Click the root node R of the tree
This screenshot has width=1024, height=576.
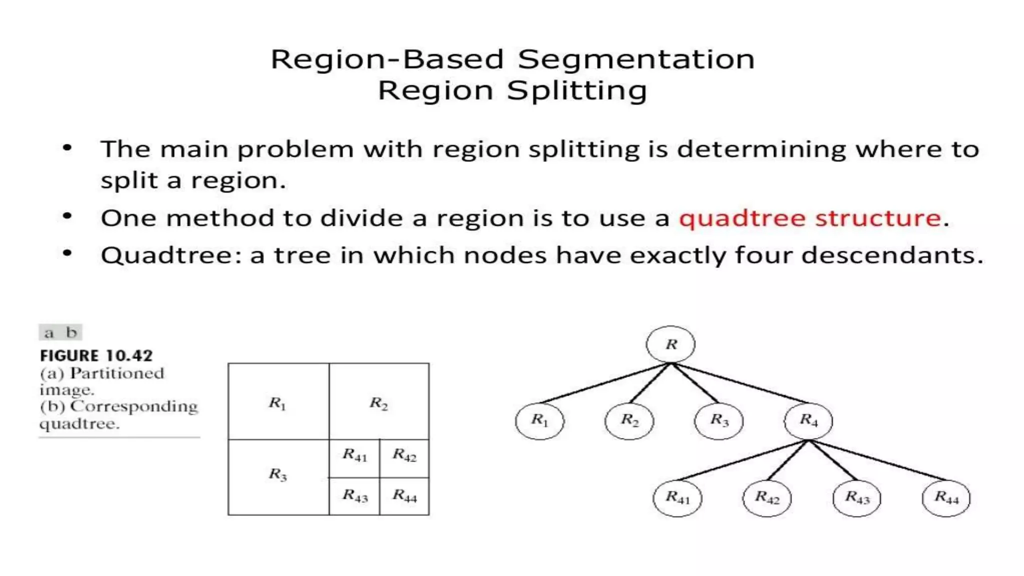pos(670,344)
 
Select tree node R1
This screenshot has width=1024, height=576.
pos(539,420)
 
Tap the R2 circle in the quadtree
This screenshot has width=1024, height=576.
pos(629,421)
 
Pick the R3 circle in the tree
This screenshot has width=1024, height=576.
pos(718,421)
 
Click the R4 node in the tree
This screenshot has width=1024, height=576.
pos(808,421)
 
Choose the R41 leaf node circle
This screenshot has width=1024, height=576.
pos(677,498)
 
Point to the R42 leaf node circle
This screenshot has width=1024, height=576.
pos(767,498)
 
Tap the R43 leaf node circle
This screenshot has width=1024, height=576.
pos(856,498)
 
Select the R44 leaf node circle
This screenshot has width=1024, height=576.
pos(946,498)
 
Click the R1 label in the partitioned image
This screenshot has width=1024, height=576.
pos(277,403)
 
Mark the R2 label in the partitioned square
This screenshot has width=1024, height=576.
pos(378,403)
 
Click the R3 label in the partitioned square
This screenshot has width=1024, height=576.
pos(278,474)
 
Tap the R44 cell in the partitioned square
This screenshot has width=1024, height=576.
pos(404,496)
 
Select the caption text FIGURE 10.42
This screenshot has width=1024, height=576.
pos(96,355)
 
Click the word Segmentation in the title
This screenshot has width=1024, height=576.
pos(636,60)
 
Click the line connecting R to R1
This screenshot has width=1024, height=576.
pos(605,383)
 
